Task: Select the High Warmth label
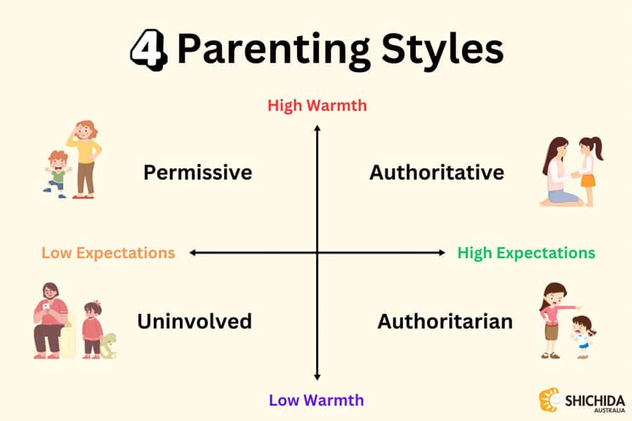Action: (317, 106)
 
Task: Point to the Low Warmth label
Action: (316, 401)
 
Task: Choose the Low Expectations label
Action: (108, 253)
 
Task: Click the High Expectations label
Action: (526, 253)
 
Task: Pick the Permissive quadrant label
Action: (197, 173)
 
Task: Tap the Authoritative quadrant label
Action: (437, 173)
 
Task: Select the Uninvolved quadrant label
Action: (195, 321)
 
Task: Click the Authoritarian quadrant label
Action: (445, 321)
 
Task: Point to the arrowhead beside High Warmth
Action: (317, 128)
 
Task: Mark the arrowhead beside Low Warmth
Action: (317, 377)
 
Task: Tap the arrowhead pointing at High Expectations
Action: (442, 253)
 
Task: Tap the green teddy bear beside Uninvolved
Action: (108, 346)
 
